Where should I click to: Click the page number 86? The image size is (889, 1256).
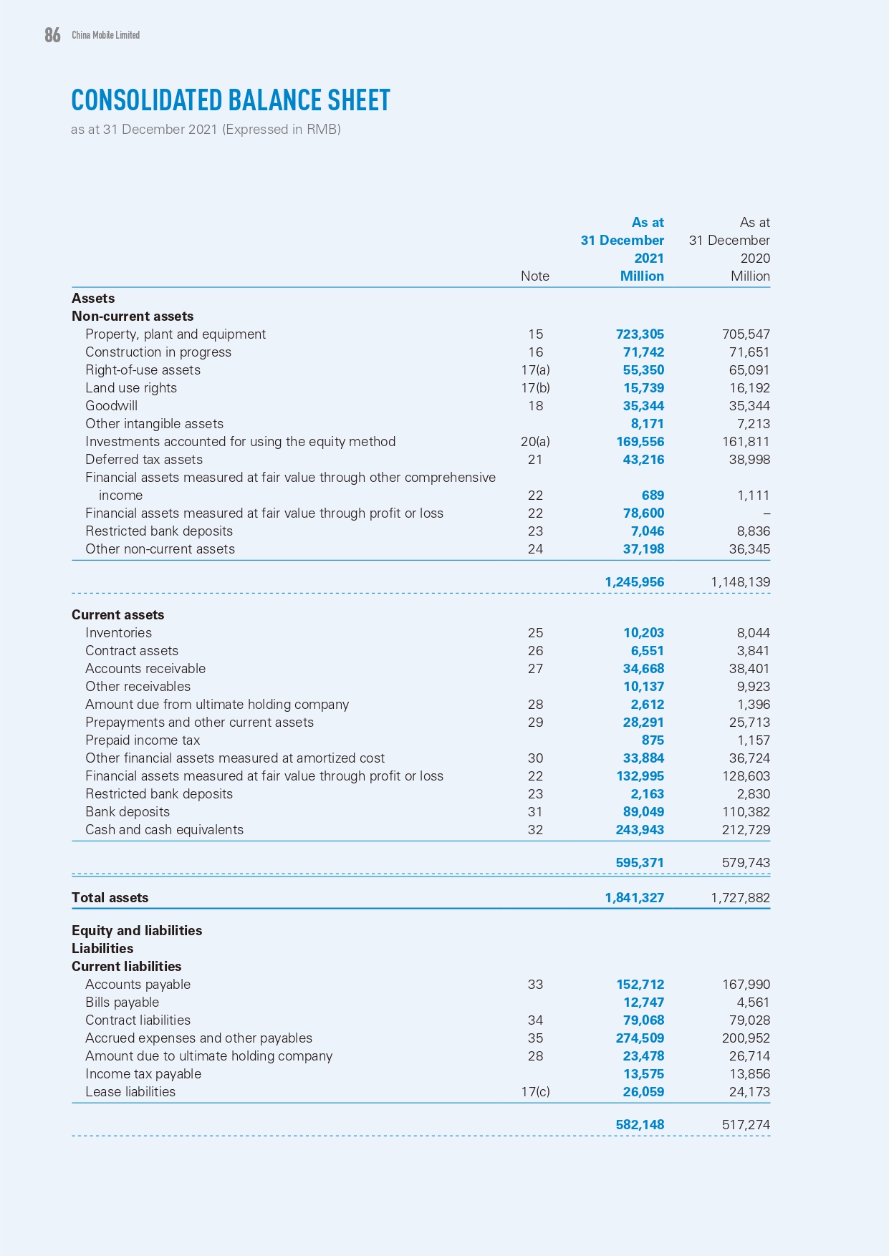coord(52,35)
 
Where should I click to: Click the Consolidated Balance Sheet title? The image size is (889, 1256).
coord(231,101)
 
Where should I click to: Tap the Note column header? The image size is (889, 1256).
coord(535,276)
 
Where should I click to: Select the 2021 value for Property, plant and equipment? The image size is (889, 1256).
coord(640,334)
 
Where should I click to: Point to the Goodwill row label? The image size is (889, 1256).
coord(111,406)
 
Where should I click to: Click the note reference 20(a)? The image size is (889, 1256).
coord(535,442)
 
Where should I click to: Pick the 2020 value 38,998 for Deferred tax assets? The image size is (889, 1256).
coord(746,460)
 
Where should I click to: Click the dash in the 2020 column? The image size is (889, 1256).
coord(767,513)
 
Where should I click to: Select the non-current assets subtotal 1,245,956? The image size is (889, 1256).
coord(634,582)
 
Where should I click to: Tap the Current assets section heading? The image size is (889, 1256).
coord(117,615)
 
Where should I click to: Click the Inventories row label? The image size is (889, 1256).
coord(118,633)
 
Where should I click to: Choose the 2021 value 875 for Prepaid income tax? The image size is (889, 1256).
coord(653,740)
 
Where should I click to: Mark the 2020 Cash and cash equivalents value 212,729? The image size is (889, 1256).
coord(746,830)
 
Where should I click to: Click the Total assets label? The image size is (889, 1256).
coord(110,898)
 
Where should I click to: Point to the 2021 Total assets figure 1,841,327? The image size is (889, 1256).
coord(634,898)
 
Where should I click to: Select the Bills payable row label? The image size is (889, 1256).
coord(122,1003)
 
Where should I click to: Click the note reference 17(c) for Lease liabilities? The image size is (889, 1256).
coord(535,1092)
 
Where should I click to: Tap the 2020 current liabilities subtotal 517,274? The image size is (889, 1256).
coord(746,1125)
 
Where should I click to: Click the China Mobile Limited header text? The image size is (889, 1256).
coord(105,35)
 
